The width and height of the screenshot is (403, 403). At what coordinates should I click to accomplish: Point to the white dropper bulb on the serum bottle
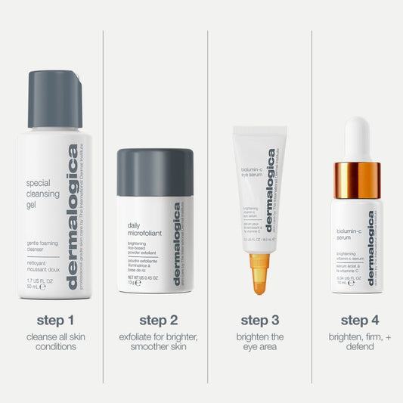pos(357,139)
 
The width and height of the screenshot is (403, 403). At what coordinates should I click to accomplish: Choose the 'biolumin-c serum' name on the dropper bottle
pos(349,234)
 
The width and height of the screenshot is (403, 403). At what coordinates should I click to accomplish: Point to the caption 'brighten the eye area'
pos(260,342)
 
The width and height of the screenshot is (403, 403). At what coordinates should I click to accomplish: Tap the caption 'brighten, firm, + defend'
pos(359,342)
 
